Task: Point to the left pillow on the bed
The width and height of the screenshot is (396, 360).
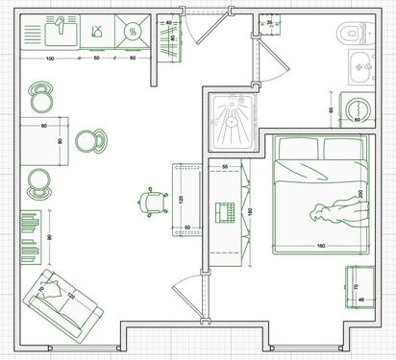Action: click(x=298, y=149)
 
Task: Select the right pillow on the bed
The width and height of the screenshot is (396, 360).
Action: click(x=343, y=149)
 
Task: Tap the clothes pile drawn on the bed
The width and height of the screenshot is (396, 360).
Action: click(x=335, y=211)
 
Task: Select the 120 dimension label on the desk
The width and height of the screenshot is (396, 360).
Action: click(x=179, y=199)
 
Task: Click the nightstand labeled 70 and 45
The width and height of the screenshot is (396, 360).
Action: click(x=358, y=289)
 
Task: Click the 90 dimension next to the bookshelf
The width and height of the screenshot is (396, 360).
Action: click(x=50, y=236)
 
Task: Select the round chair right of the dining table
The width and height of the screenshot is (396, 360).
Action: click(x=92, y=141)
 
